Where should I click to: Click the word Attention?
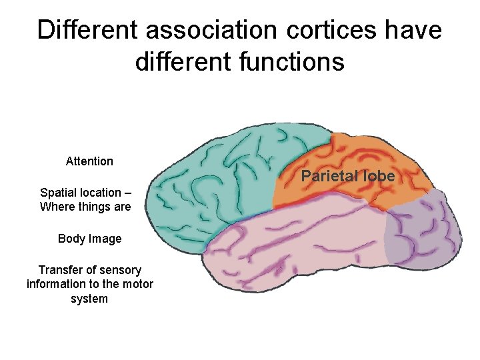pos(89,161)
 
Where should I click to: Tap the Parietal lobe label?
pos(348,177)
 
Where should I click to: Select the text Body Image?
pos(89,239)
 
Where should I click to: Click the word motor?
pos(139,285)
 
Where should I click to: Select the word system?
pos(89,299)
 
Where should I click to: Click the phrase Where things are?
pos(85,207)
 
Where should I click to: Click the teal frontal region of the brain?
pos(220,173)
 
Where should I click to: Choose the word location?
pos(102,193)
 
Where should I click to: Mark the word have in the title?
pos(415,30)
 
